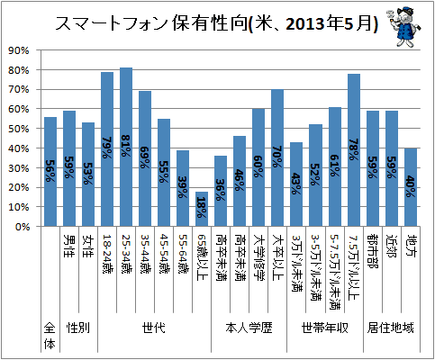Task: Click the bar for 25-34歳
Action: tap(126, 147)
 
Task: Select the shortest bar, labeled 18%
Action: tap(202, 209)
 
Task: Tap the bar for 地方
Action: tap(411, 187)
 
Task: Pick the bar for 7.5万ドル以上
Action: tap(354, 150)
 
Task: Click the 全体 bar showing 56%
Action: tap(50, 172)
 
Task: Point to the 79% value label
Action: tap(107, 148)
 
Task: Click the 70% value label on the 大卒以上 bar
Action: tap(277, 157)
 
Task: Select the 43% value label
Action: tap(296, 184)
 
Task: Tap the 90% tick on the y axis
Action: tap(19, 50)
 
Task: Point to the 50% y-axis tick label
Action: tap(19, 129)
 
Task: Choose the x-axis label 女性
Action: tap(88, 247)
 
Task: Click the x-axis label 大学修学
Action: tap(258, 258)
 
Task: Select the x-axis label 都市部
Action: tap(373, 251)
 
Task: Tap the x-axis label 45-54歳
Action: tap(164, 254)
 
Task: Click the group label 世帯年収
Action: tap(325, 328)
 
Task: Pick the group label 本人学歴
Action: tap(249, 328)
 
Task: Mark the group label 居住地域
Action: tap(390, 328)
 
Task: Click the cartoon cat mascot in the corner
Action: tap(403, 28)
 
